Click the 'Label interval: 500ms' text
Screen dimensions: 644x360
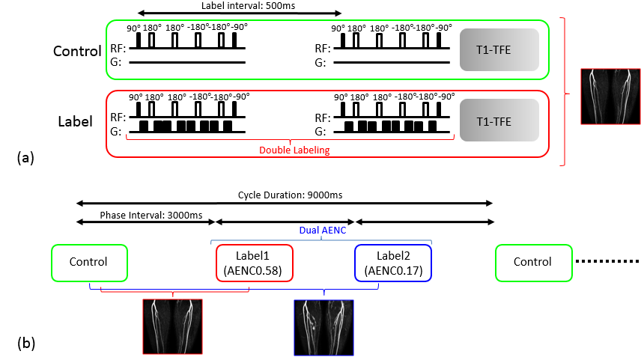point(248,6)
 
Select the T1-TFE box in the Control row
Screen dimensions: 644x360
point(499,49)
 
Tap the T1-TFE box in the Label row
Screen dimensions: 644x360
point(499,120)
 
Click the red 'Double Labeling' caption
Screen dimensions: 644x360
point(294,150)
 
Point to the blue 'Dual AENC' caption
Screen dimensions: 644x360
point(323,231)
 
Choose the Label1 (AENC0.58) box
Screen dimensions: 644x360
point(255,263)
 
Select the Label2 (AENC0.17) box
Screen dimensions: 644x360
point(393,263)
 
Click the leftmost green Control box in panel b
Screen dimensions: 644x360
point(90,263)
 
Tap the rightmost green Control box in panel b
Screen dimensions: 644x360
point(533,263)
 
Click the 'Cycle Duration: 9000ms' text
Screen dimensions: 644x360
point(290,195)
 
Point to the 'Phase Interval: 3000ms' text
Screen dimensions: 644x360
point(151,216)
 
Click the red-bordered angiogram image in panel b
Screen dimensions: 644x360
point(172,327)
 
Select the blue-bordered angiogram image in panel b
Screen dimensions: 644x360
point(323,328)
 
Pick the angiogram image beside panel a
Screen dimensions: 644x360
point(611,97)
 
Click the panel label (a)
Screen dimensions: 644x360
point(25,158)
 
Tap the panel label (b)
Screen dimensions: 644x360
point(26,344)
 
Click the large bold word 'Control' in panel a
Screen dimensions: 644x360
point(77,51)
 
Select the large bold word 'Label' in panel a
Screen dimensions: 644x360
point(75,121)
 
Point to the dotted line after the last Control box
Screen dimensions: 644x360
point(607,261)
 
